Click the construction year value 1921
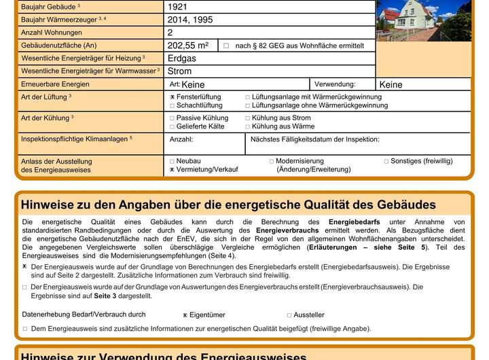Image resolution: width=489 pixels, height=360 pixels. [x=178, y=7]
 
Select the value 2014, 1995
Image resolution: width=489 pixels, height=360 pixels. [x=189, y=20]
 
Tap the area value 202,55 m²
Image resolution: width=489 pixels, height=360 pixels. [x=188, y=46]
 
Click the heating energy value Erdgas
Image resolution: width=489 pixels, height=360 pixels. [x=182, y=58]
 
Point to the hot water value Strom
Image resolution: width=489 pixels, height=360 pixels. [x=179, y=71]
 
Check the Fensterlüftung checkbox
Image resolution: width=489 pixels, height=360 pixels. [x=173, y=97]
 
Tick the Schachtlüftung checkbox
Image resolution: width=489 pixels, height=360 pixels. [x=173, y=106]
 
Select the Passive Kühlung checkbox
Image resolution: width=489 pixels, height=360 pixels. [x=173, y=118]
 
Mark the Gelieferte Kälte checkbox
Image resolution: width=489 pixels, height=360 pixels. [x=173, y=127]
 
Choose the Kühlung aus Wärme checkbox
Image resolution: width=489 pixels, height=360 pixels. [x=248, y=127]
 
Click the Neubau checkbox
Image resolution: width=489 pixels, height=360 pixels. [x=173, y=161]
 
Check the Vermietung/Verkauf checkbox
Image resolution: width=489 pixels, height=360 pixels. [x=173, y=170]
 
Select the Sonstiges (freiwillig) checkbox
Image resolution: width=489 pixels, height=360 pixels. [x=386, y=161]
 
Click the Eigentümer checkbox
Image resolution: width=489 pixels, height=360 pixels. [x=185, y=315]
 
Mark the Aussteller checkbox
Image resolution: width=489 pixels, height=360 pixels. [x=289, y=315]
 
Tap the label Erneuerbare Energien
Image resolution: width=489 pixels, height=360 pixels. [x=55, y=84]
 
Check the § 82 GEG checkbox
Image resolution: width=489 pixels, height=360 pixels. [x=226, y=46]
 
